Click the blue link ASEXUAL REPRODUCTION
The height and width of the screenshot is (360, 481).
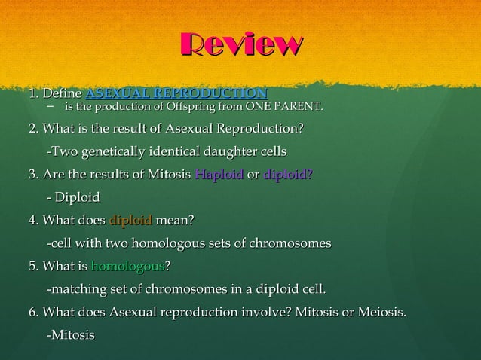pyautogui.click(x=176, y=94)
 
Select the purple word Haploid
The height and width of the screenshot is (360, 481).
pyautogui.click(x=219, y=175)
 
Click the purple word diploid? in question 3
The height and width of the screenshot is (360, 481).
pyautogui.click(x=289, y=175)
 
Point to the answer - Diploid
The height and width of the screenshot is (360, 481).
pyautogui.click(x=73, y=197)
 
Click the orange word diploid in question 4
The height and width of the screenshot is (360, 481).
pyautogui.click(x=131, y=221)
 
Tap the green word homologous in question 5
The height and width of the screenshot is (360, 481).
pyautogui.click(x=127, y=266)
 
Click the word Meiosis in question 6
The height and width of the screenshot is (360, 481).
pyautogui.click(x=383, y=311)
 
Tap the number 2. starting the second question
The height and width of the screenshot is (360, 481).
pyautogui.click(x=34, y=130)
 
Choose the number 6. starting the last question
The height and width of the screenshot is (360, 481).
pyautogui.click(x=34, y=311)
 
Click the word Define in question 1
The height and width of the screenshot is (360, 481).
pyautogui.click(x=63, y=94)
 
